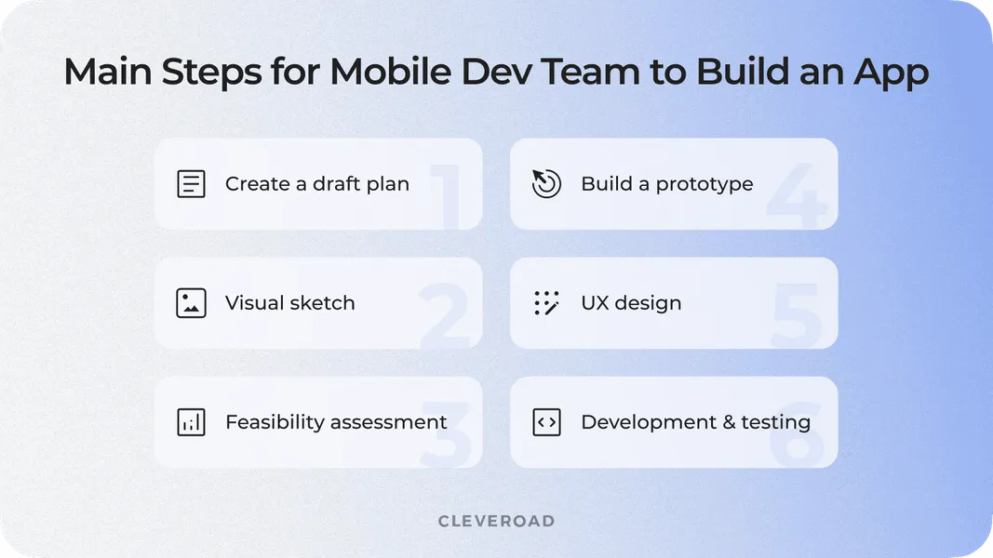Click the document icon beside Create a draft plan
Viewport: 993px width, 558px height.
tap(191, 184)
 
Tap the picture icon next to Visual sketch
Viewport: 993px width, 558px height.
tap(191, 303)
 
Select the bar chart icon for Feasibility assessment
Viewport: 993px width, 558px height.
tap(191, 422)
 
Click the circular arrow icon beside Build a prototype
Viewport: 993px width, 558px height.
tap(546, 184)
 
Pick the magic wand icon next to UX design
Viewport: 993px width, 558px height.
tap(546, 303)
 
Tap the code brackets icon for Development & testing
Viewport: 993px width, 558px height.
tap(546, 422)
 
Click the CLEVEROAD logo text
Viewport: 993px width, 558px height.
tap(497, 522)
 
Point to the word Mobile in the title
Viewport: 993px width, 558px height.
tap(391, 71)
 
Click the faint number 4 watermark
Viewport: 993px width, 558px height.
tap(797, 195)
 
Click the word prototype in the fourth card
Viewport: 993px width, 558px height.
tap(704, 185)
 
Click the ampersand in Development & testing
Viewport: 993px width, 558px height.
tap(729, 422)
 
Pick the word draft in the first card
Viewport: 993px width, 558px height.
tap(336, 183)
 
